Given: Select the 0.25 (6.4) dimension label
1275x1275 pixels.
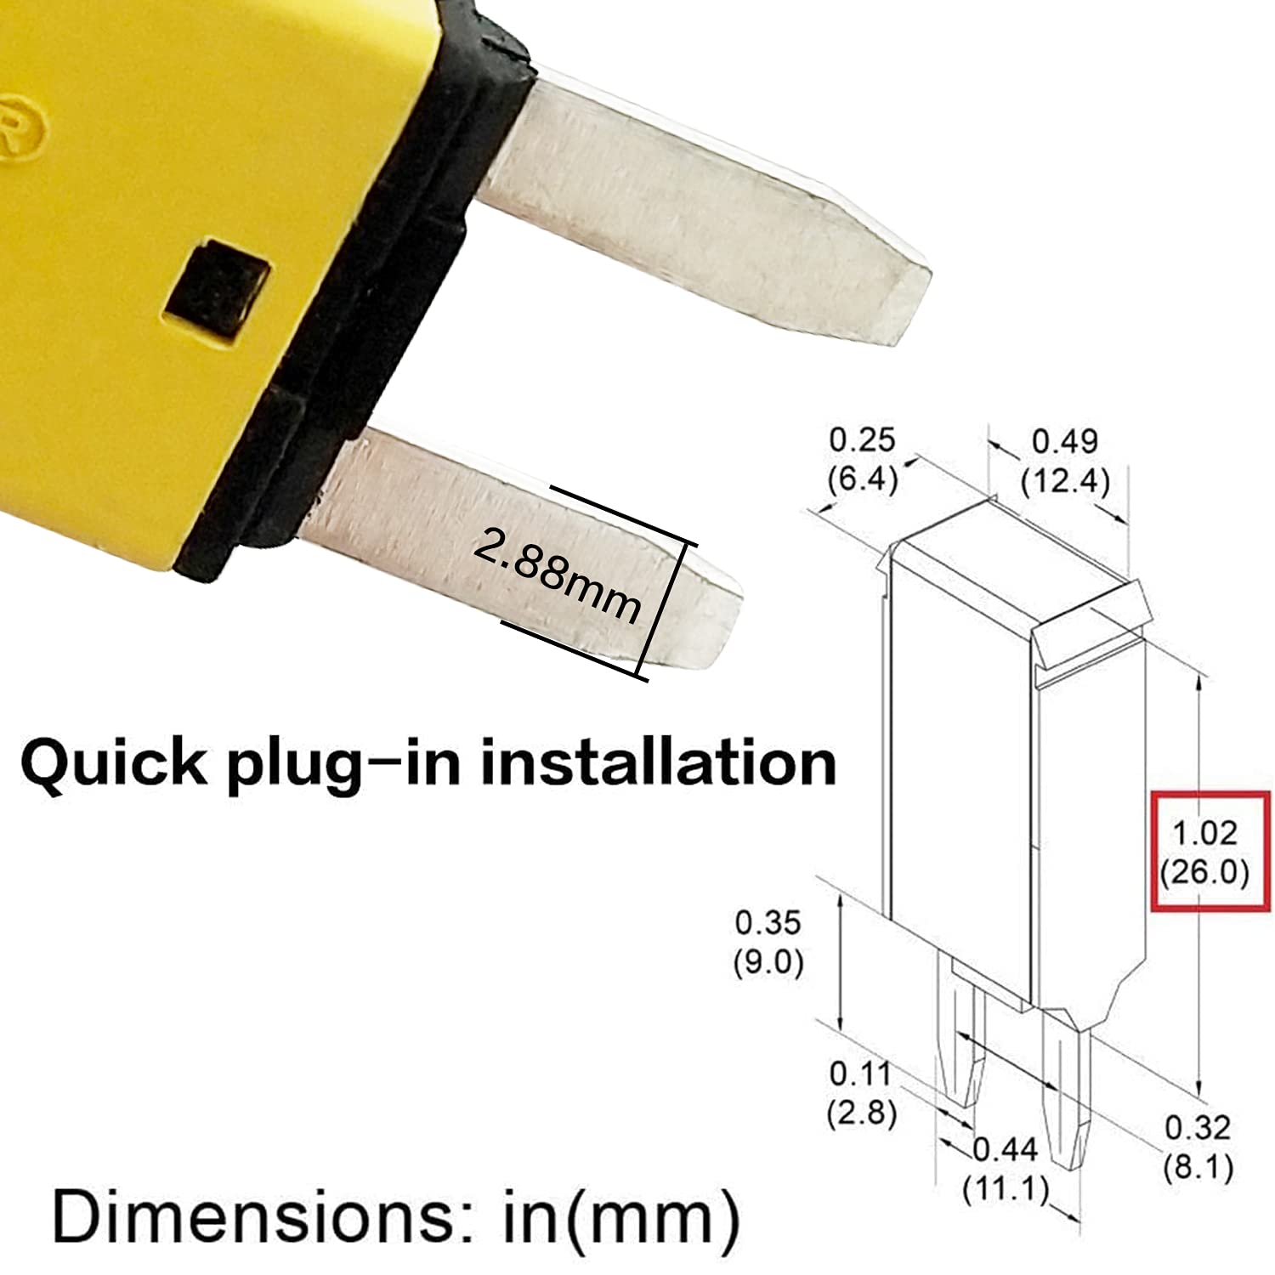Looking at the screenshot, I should coord(862,459).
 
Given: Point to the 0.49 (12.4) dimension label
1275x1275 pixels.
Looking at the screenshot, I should coord(1064,461).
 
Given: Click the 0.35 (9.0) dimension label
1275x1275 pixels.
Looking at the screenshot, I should coord(768,942).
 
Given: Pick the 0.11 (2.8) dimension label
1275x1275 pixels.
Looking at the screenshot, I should coord(861,1093).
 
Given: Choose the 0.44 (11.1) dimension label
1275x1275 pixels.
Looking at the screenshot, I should coord(1006,1170).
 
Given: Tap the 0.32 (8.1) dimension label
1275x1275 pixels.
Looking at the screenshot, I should coord(1198,1147).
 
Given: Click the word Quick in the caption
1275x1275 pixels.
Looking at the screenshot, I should coord(113,763).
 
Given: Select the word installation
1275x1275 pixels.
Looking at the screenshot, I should coord(658,762).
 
